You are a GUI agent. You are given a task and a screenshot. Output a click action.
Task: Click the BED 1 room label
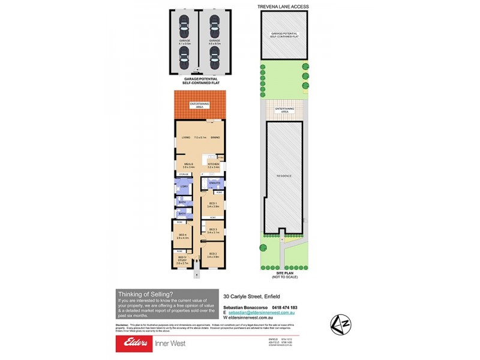(x=212, y=204)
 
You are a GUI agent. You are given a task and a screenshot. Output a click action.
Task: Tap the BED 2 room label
(x=212, y=254)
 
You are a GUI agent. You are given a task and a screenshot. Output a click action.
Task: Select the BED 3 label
(x=212, y=229)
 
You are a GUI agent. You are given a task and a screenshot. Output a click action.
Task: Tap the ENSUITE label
(x=215, y=182)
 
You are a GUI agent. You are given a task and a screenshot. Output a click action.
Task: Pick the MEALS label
(x=187, y=163)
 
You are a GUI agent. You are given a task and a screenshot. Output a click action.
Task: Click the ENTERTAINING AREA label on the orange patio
(x=200, y=104)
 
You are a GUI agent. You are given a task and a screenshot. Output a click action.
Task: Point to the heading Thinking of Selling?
(x=145, y=294)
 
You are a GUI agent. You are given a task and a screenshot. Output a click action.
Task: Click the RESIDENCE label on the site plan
(x=283, y=176)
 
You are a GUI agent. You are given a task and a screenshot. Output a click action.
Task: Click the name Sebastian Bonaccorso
(x=244, y=308)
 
